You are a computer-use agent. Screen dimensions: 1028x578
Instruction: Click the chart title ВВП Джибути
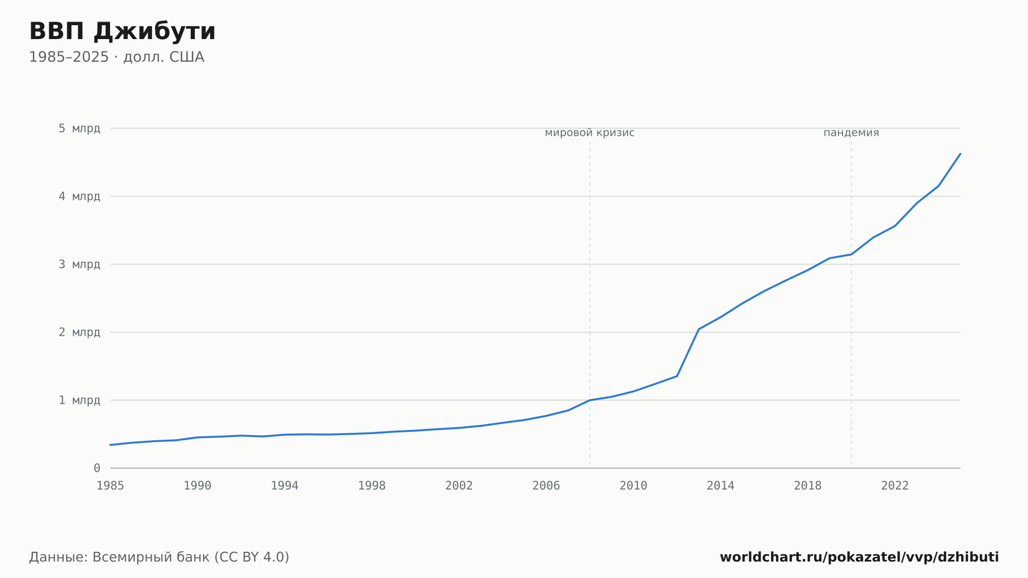click(x=122, y=32)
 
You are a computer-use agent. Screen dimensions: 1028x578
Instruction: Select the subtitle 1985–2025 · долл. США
click(x=117, y=57)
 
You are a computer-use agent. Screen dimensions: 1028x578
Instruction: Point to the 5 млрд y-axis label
click(x=79, y=129)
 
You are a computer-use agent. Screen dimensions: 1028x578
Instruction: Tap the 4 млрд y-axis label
click(x=79, y=196)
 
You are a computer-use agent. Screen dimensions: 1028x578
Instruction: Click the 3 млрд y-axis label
click(x=79, y=264)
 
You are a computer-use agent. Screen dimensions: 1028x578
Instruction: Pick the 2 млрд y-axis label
click(x=79, y=332)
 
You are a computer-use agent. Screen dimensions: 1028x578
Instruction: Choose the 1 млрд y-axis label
click(x=79, y=400)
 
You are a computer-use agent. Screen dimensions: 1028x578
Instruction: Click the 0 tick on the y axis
click(x=97, y=468)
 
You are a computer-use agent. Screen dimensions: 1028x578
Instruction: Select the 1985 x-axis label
click(x=111, y=486)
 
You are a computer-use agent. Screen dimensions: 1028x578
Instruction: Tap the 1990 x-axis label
click(x=198, y=486)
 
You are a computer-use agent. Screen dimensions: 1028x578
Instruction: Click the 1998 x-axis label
click(x=372, y=486)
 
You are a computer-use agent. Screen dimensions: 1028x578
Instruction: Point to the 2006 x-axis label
click(x=546, y=486)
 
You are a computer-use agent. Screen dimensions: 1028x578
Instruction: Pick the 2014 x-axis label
click(x=721, y=486)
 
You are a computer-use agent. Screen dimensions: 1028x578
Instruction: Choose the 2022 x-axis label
click(x=895, y=486)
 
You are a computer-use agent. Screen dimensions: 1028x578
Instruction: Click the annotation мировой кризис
click(x=590, y=133)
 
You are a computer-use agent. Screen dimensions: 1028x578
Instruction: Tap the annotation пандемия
click(x=851, y=133)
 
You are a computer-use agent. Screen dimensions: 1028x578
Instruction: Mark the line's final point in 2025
click(x=960, y=154)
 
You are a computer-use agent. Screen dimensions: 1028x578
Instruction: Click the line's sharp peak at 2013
click(x=699, y=329)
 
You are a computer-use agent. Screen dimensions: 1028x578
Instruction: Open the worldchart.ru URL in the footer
click(x=859, y=557)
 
